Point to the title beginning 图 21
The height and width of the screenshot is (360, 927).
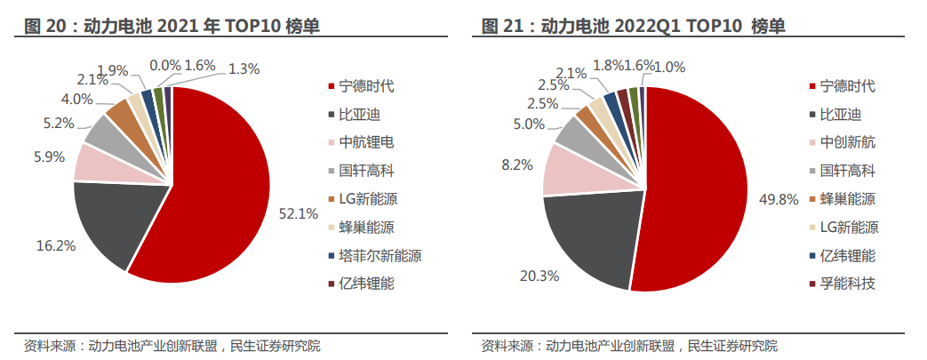pyautogui.click(x=634, y=26)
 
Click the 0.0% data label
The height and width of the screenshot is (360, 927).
pyautogui.click(x=165, y=65)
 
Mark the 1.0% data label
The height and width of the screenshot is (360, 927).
pyautogui.click(x=669, y=67)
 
